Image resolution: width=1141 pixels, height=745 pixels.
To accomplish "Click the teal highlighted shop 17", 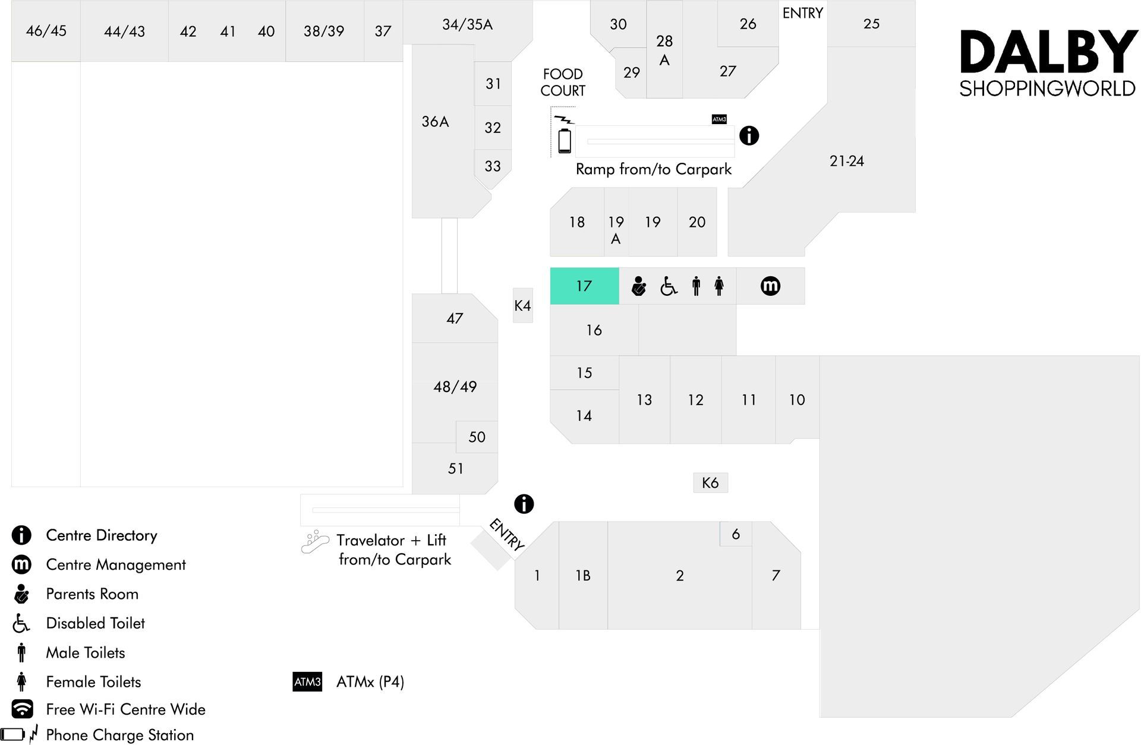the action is pos(584,286).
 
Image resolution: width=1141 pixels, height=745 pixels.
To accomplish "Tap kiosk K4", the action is pos(523,305).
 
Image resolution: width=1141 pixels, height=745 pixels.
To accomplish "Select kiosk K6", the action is pos(710,482).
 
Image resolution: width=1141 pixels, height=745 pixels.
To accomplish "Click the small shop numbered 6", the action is pos(736,534).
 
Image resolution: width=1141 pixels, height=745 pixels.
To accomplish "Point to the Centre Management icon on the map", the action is pos(770,286).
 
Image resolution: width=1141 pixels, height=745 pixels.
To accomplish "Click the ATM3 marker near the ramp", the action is pos(719,119).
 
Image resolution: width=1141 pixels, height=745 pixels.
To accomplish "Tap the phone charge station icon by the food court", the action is pos(565,135).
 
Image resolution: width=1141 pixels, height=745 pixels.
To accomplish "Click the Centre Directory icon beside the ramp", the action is pos(749,135).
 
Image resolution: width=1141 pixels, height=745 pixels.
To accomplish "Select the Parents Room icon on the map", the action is pos(638,286).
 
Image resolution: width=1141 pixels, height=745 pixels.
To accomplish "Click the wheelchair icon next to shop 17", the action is pos(669,286).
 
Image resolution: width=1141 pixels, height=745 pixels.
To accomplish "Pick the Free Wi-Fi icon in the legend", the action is pos(22,709).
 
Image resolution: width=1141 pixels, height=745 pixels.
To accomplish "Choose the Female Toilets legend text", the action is pos(93,681).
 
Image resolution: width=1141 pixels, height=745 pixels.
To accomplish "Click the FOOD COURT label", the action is pos(563,82).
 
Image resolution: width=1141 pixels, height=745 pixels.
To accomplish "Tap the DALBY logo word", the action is pos(1048,52).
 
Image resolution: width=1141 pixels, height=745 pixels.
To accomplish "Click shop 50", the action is pos(477,437).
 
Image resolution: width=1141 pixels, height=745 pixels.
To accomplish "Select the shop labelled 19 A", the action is pos(616,222).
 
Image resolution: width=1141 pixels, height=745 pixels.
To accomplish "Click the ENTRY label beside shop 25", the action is pos(802,13).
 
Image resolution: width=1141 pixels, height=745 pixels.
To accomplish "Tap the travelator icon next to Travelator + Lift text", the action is pos(315,541).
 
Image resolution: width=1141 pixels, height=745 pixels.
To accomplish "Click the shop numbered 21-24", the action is pos(846,161).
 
